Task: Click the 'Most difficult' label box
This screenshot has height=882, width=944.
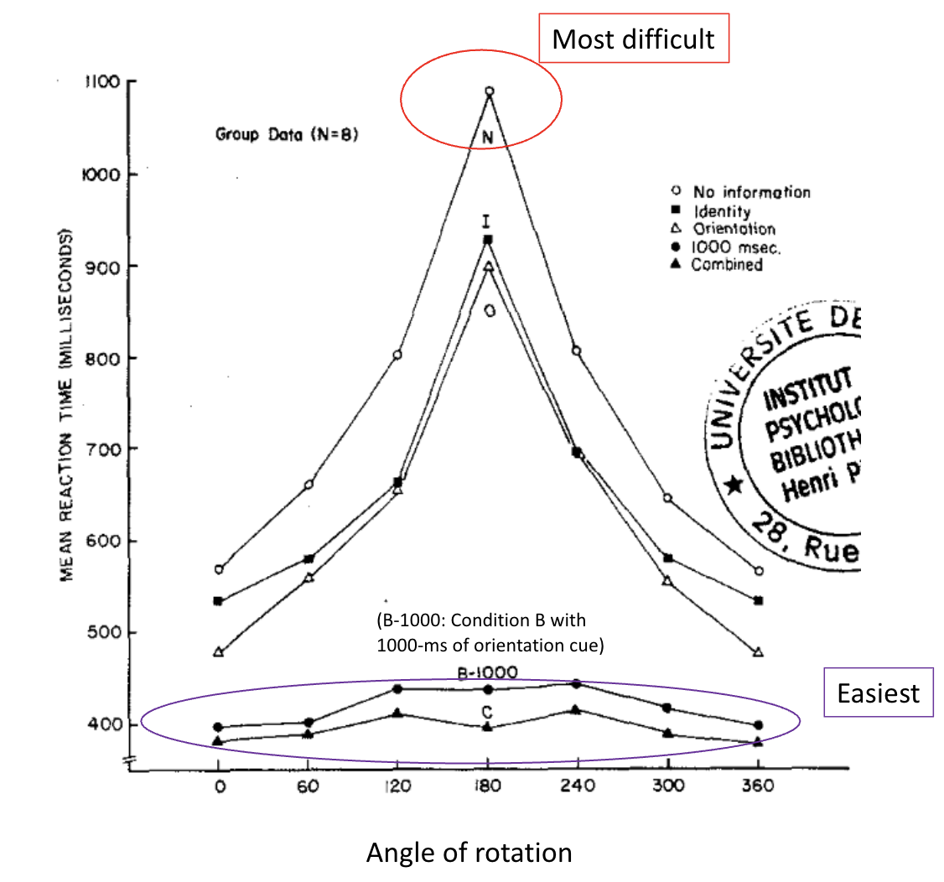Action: [x=633, y=39]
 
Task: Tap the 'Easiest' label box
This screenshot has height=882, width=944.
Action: [x=879, y=693]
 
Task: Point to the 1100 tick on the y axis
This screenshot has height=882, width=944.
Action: [x=102, y=82]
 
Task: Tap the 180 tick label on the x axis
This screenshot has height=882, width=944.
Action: [x=488, y=787]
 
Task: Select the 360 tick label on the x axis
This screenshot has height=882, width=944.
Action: [x=758, y=787]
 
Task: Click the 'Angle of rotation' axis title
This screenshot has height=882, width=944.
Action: [x=469, y=853]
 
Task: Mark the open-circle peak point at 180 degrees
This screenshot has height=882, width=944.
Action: [x=489, y=91]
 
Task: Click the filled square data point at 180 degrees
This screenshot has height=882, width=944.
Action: [x=488, y=240]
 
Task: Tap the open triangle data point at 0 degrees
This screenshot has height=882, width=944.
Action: [x=219, y=651]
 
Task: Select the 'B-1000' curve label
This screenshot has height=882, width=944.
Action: [x=487, y=672]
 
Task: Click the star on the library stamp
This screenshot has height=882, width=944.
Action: [x=734, y=485]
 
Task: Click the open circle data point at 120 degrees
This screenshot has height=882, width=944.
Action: [x=397, y=355]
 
